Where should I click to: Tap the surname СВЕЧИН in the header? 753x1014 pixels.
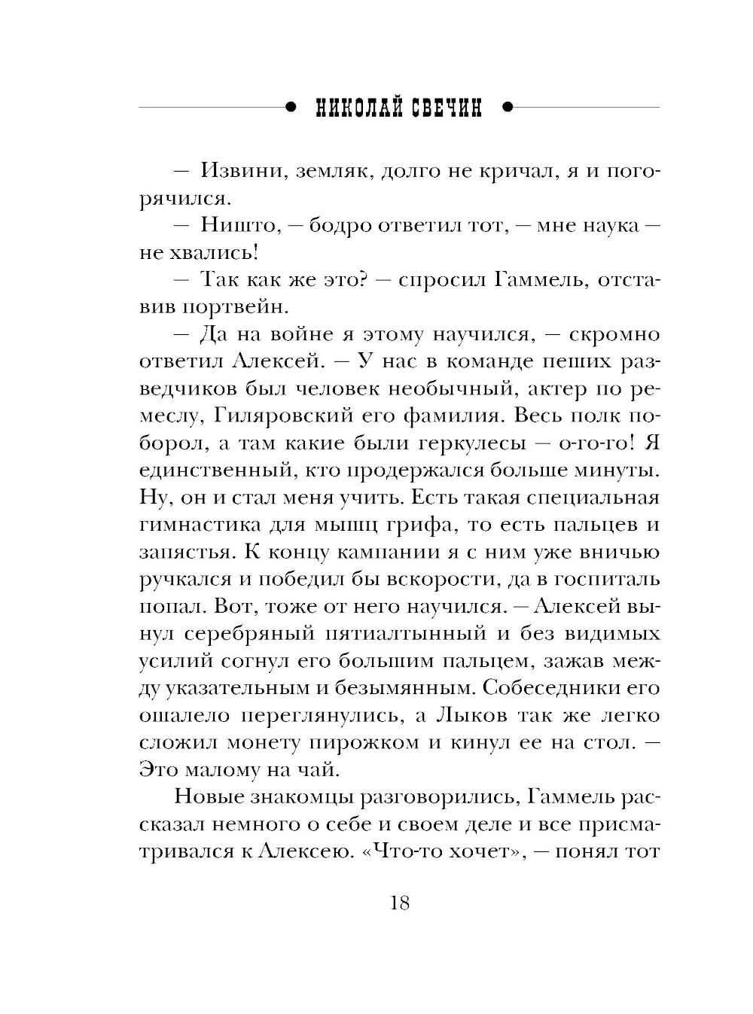point(446,109)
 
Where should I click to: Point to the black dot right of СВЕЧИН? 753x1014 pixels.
point(507,108)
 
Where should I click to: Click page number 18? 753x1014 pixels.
point(400,903)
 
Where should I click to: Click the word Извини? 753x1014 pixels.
point(238,171)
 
